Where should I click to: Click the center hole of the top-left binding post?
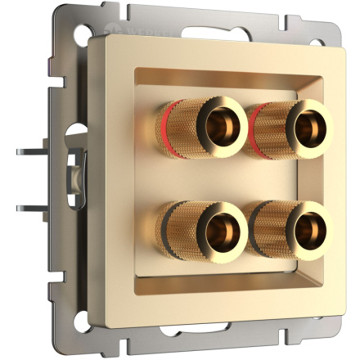(218, 126)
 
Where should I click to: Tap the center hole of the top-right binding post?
(309, 126)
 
